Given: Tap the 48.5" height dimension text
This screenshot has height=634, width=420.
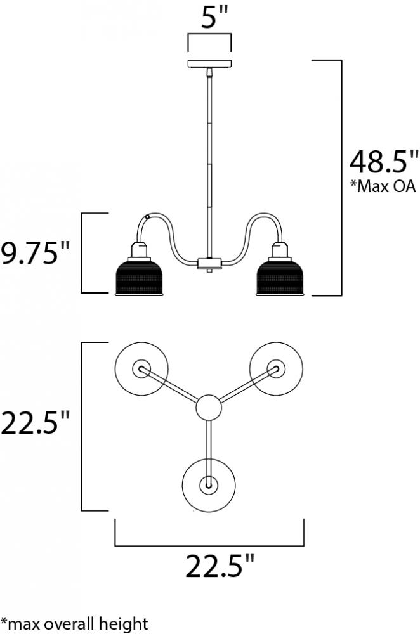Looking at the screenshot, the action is coord(383,162).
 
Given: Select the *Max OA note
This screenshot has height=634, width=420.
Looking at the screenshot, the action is coord(383,186).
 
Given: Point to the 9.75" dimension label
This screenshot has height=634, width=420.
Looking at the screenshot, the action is coord(35,253).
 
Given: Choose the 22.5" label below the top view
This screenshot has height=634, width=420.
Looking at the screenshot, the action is coord(220,566).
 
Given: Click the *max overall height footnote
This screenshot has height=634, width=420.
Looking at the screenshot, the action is coord(74,623).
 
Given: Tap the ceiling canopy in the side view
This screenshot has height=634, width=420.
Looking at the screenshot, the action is coord(209,63).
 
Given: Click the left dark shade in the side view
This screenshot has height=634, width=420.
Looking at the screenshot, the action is coord(139,278).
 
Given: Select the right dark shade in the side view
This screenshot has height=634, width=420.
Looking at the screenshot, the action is coord(280,278).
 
